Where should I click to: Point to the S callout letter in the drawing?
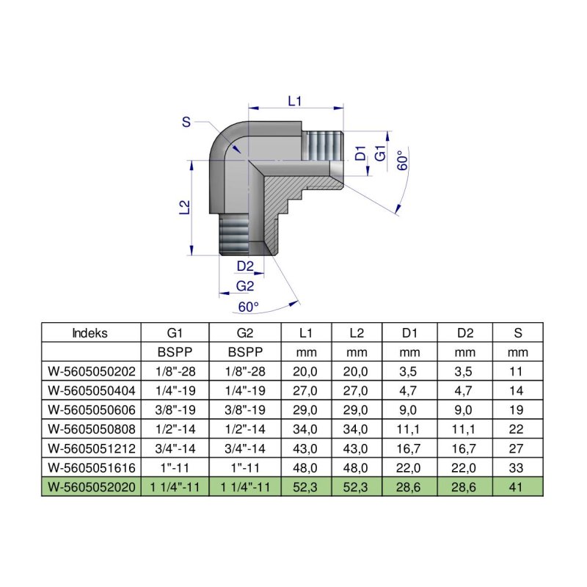click(x=186, y=123)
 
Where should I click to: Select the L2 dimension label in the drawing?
click(x=184, y=208)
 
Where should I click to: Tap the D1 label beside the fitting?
click(x=360, y=154)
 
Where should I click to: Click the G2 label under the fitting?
click(x=244, y=285)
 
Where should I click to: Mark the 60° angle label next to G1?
click(x=402, y=161)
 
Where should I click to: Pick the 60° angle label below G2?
click(x=249, y=306)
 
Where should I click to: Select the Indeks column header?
click(x=90, y=332)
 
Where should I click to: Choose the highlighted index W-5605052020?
click(x=90, y=486)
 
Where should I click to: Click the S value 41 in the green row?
click(x=518, y=486)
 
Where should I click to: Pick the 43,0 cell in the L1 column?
click(x=306, y=448)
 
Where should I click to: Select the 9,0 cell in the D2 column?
click(x=464, y=409)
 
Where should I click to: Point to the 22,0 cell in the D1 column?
click(x=411, y=467)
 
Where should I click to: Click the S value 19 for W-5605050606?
click(x=518, y=409)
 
